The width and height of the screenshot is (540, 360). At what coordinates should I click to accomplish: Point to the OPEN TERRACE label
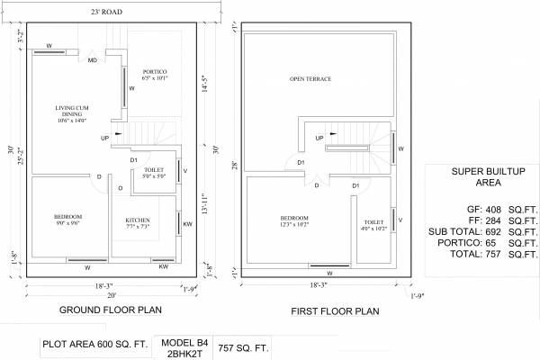(310, 79)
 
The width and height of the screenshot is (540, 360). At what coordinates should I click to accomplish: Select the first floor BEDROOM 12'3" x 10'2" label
(293, 222)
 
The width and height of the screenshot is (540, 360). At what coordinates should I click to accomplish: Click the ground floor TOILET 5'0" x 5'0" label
(153, 173)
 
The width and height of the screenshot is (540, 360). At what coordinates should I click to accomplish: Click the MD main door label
(93, 60)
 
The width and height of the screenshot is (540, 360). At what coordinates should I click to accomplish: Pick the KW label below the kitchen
(163, 267)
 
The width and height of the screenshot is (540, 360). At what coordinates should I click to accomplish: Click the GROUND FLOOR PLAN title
(110, 310)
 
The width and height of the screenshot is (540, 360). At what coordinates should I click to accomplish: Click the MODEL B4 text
(184, 342)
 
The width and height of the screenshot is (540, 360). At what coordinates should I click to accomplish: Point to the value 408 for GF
(486, 207)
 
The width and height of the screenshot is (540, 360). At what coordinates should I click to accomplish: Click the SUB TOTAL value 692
(486, 231)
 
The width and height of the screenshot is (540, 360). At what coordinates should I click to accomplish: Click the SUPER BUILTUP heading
(481, 170)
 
